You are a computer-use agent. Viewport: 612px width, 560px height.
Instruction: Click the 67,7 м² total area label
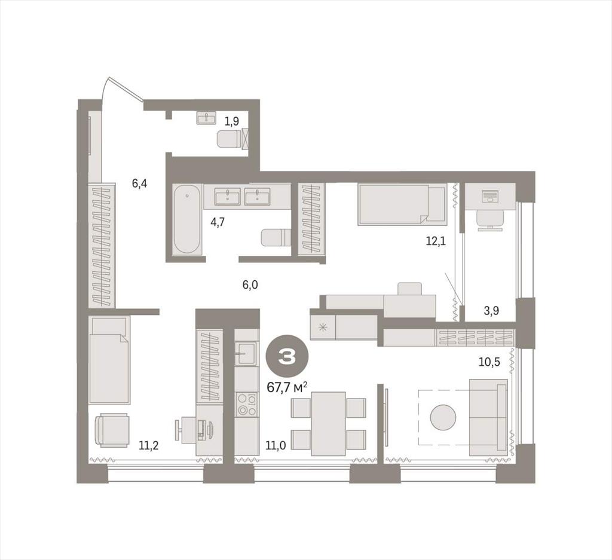tap(287, 387)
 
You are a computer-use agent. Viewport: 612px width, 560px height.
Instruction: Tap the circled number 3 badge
tap(287, 356)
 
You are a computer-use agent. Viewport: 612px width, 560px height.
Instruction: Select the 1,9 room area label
tap(231, 121)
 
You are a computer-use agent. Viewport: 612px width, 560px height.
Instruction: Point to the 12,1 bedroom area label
tap(436, 241)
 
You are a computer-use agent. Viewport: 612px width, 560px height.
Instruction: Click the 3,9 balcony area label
tap(491, 311)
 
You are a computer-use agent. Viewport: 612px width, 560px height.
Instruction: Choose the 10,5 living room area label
tap(489, 362)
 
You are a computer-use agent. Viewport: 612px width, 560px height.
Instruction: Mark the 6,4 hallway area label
tap(139, 183)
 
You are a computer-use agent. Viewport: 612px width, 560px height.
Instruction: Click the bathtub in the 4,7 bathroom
tap(187, 219)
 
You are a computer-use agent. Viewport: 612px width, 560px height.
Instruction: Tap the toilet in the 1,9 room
tap(228, 139)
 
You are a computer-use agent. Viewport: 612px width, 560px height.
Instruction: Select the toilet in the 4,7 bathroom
tap(276, 238)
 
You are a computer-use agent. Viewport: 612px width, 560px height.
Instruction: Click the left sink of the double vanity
tap(228, 196)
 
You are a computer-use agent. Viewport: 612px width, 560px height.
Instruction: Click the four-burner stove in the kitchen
tap(247, 404)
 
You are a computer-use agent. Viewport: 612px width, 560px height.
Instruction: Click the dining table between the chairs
tap(329, 424)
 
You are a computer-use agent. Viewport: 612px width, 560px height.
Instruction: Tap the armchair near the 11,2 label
tap(112, 431)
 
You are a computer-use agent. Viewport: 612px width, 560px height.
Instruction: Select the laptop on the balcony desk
tap(489, 196)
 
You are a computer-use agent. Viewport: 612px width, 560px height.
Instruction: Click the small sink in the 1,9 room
tap(206, 118)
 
